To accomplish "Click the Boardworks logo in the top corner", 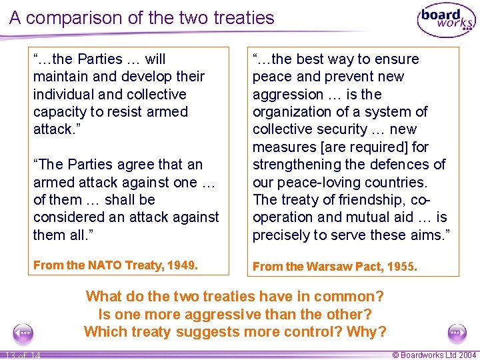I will (446, 19).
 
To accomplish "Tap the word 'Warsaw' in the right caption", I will (327, 267).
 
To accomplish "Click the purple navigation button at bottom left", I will (23, 332).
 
